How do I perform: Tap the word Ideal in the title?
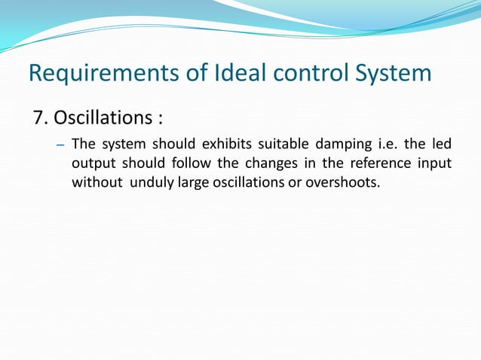point(233,74)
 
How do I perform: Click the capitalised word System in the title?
point(391,74)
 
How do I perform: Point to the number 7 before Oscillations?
point(38,118)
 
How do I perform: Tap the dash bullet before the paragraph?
point(62,145)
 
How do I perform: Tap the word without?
point(97,182)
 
